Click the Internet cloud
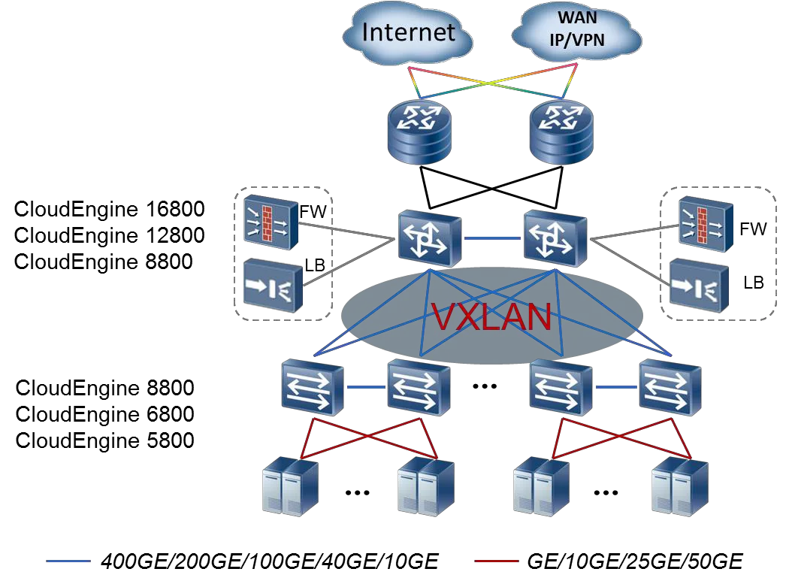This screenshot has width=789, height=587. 409,33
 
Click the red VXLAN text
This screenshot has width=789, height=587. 492,317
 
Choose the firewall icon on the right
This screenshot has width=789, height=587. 704,223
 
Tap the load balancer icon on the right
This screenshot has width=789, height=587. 698,284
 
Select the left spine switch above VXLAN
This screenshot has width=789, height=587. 429,238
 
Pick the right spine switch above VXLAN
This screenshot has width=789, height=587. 555,238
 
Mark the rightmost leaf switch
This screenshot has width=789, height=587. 670,387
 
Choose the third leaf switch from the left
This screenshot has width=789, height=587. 561,387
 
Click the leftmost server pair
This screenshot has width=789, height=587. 289,487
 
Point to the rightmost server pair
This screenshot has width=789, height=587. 680,487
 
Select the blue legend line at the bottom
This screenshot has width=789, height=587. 68,561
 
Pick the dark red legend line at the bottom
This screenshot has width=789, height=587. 497,561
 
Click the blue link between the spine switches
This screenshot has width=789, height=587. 492,238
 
